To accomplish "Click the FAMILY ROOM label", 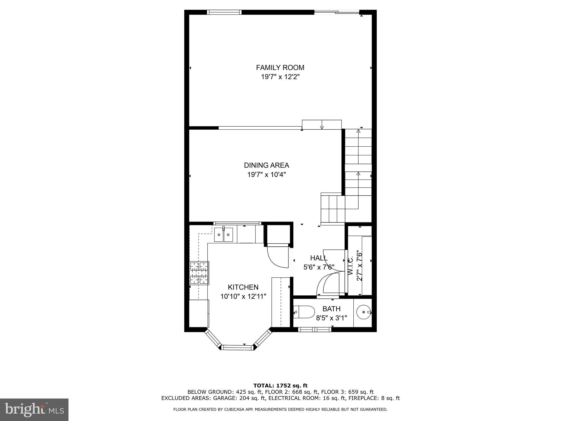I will (280, 67).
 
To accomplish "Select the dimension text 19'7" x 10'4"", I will (267, 175).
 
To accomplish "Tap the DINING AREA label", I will (267, 165).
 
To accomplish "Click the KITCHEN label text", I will (243, 287).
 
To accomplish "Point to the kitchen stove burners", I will (199, 273).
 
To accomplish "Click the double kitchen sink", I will (223, 235).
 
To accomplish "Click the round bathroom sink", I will (363, 312).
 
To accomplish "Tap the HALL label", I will (319, 258).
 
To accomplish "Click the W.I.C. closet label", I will (350, 266).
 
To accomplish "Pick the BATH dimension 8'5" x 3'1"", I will (331, 318).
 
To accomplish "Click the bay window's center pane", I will (237, 348).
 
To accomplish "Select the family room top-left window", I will (224, 12).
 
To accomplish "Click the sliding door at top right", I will (337, 12).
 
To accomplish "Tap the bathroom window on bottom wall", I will (314, 329).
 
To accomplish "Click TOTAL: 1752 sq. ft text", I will (280, 386).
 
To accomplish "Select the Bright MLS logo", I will (34, 409).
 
